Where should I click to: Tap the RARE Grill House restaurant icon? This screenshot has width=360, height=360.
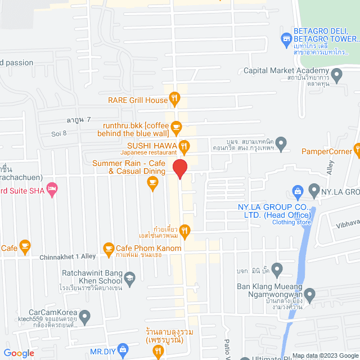click(x=175, y=100)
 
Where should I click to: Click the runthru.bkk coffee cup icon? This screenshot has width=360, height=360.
click(x=175, y=127)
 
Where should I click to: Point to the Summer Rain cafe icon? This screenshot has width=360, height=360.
click(x=152, y=182)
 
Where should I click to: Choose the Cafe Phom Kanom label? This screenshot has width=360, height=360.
click(x=148, y=248)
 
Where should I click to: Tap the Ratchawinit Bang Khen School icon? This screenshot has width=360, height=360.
click(x=130, y=278)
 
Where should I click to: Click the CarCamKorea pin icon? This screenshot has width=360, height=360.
click(x=85, y=318)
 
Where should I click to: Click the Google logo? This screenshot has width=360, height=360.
click(x=18, y=353)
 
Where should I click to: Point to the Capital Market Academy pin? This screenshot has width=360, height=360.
click(x=337, y=74)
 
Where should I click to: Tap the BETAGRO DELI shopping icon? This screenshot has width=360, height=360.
click(x=285, y=39)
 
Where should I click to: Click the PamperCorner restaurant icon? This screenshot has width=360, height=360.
click(x=357, y=149)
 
